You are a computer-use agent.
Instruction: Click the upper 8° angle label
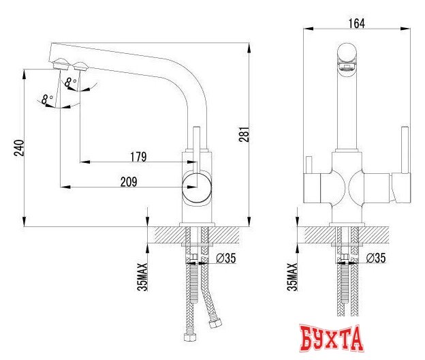point(69,82)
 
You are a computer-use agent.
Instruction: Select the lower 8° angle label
point(46,100)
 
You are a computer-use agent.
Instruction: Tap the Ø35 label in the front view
point(377,258)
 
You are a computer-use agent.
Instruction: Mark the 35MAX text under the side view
point(142,274)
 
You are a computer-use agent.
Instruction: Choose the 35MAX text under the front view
point(292,274)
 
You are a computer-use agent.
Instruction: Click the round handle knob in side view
point(196,185)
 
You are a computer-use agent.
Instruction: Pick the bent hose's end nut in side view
point(216,320)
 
